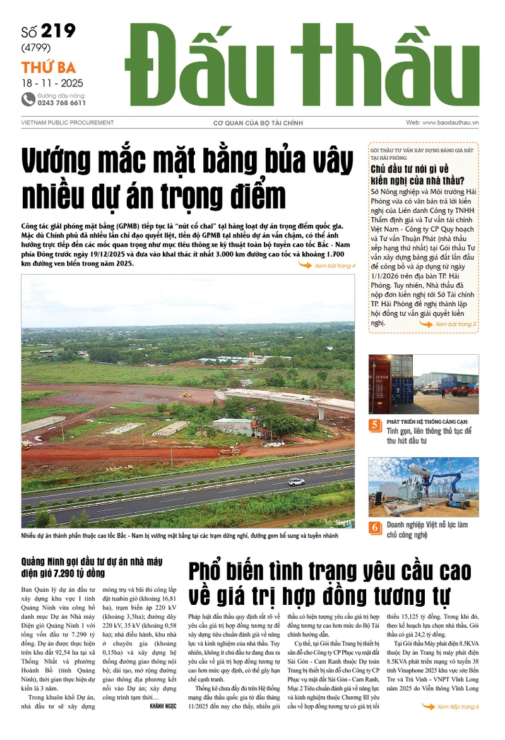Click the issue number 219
tap(58, 32)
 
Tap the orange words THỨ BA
tap(49, 68)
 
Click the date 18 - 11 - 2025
tap(52, 83)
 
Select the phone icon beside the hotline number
tap(28, 99)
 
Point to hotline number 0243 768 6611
tap(61, 102)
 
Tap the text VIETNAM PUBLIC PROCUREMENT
tap(68, 122)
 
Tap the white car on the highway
tap(296, 482)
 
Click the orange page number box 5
tap(376, 426)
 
